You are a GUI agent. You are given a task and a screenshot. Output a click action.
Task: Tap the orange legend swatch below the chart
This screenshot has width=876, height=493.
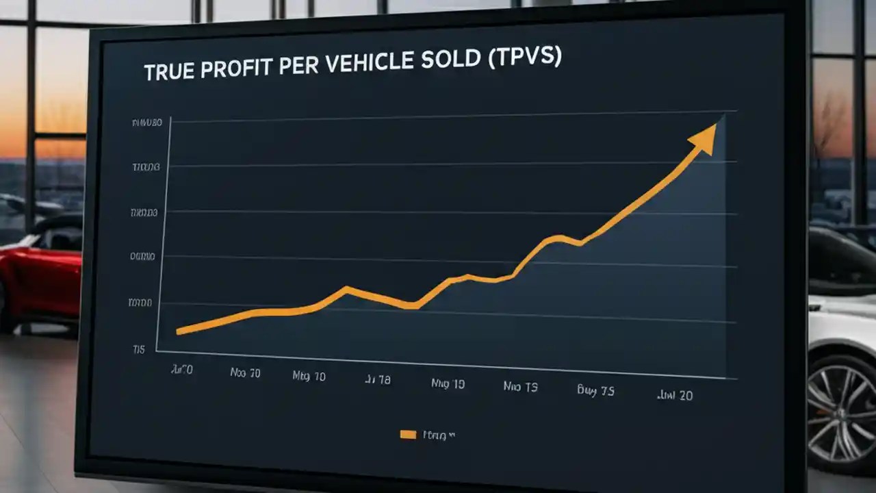(x=408, y=434)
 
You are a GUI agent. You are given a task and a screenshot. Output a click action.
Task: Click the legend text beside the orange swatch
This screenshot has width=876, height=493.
(x=439, y=434)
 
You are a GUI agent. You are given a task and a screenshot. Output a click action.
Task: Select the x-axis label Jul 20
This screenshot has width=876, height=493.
(x=674, y=395)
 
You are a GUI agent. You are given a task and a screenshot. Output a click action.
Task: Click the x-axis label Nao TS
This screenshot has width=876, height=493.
(x=521, y=386)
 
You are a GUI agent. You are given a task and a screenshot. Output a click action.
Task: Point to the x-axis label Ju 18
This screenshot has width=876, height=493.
(x=376, y=380)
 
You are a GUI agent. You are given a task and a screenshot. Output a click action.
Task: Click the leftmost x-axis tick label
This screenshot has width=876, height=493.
(x=181, y=370)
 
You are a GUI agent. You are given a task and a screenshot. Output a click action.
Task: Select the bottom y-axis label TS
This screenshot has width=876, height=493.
(x=139, y=349)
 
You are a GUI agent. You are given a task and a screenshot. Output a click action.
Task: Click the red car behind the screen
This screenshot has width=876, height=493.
(x=41, y=274)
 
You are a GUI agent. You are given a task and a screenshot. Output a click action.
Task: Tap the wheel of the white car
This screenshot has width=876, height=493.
(x=842, y=411)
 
